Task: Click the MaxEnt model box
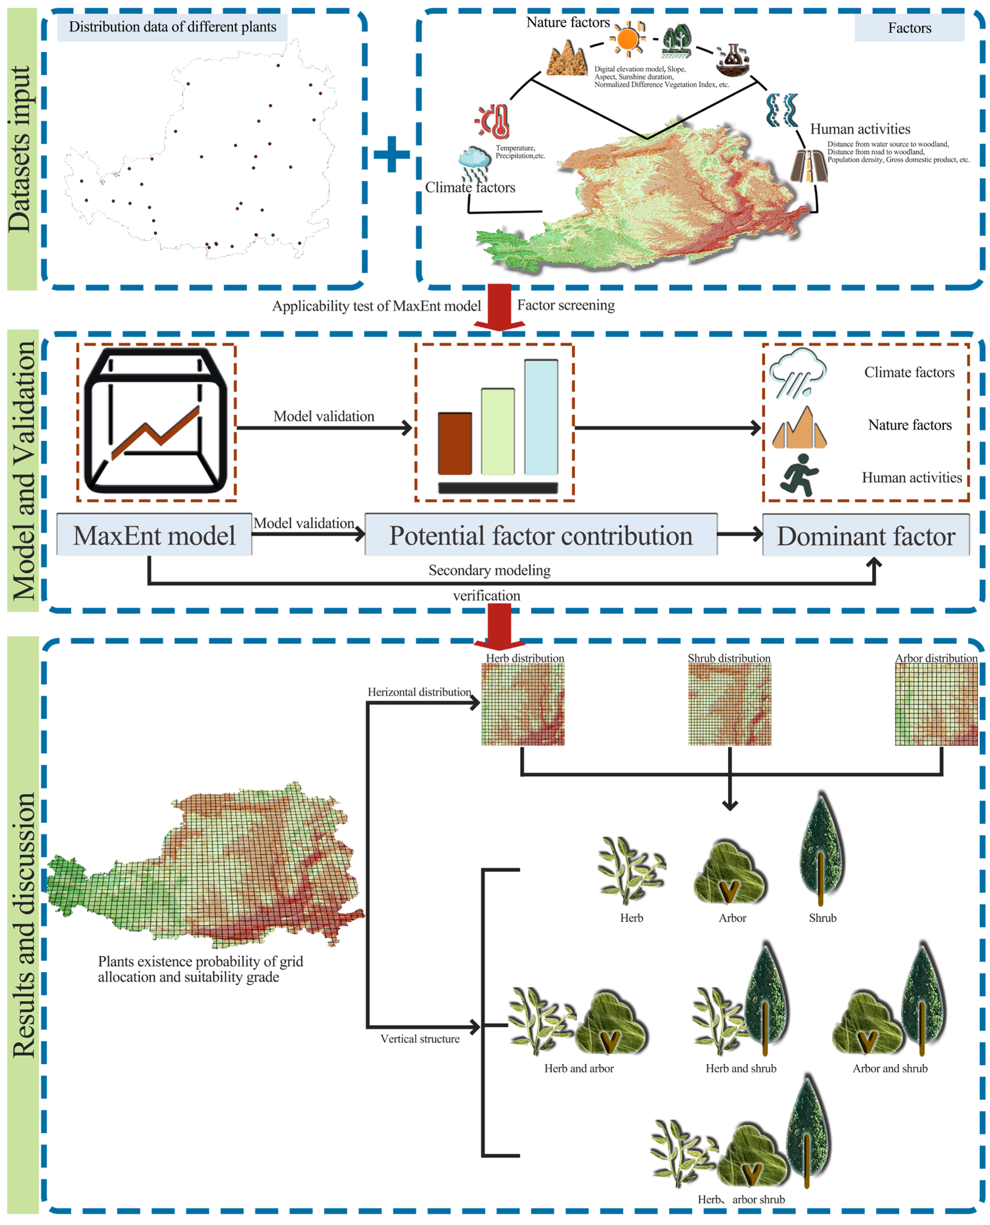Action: click(x=154, y=535)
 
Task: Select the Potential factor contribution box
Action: click(x=541, y=535)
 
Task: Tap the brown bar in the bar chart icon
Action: click(x=454, y=443)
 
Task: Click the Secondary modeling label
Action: click(x=489, y=570)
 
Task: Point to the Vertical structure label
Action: click(x=420, y=1039)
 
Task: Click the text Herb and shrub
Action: click(x=741, y=1068)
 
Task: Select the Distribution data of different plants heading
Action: click(x=172, y=27)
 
